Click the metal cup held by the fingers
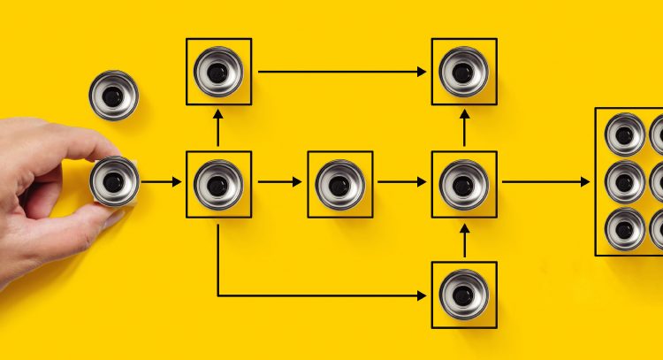pyautogui.click(x=114, y=180)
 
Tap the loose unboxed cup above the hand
pyautogui.click(x=113, y=95)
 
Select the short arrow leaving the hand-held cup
pyautogui.click(x=161, y=182)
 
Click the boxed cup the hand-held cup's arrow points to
pyautogui.click(x=218, y=184)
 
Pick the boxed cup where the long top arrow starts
pyautogui.click(x=218, y=71)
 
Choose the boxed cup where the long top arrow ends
pyautogui.click(x=463, y=71)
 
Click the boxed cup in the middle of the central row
pyautogui.click(x=340, y=184)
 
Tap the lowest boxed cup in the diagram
pyautogui.click(x=463, y=295)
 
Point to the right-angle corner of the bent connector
pyautogui.click(x=219, y=295)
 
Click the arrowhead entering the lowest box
pyautogui.click(x=423, y=295)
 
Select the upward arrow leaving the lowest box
pyautogui.click(x=464, y=241)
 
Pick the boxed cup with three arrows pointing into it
pyautogui.click(x=463, y=184)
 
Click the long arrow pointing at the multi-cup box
pyautogui.click(x=545, y=182)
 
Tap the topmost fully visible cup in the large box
pyautogui.click(x=625, y=134)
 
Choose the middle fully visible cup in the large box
pyautogui.click(x=625, y=182)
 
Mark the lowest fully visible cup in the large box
pyautogui.click(x=625, y=228)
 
